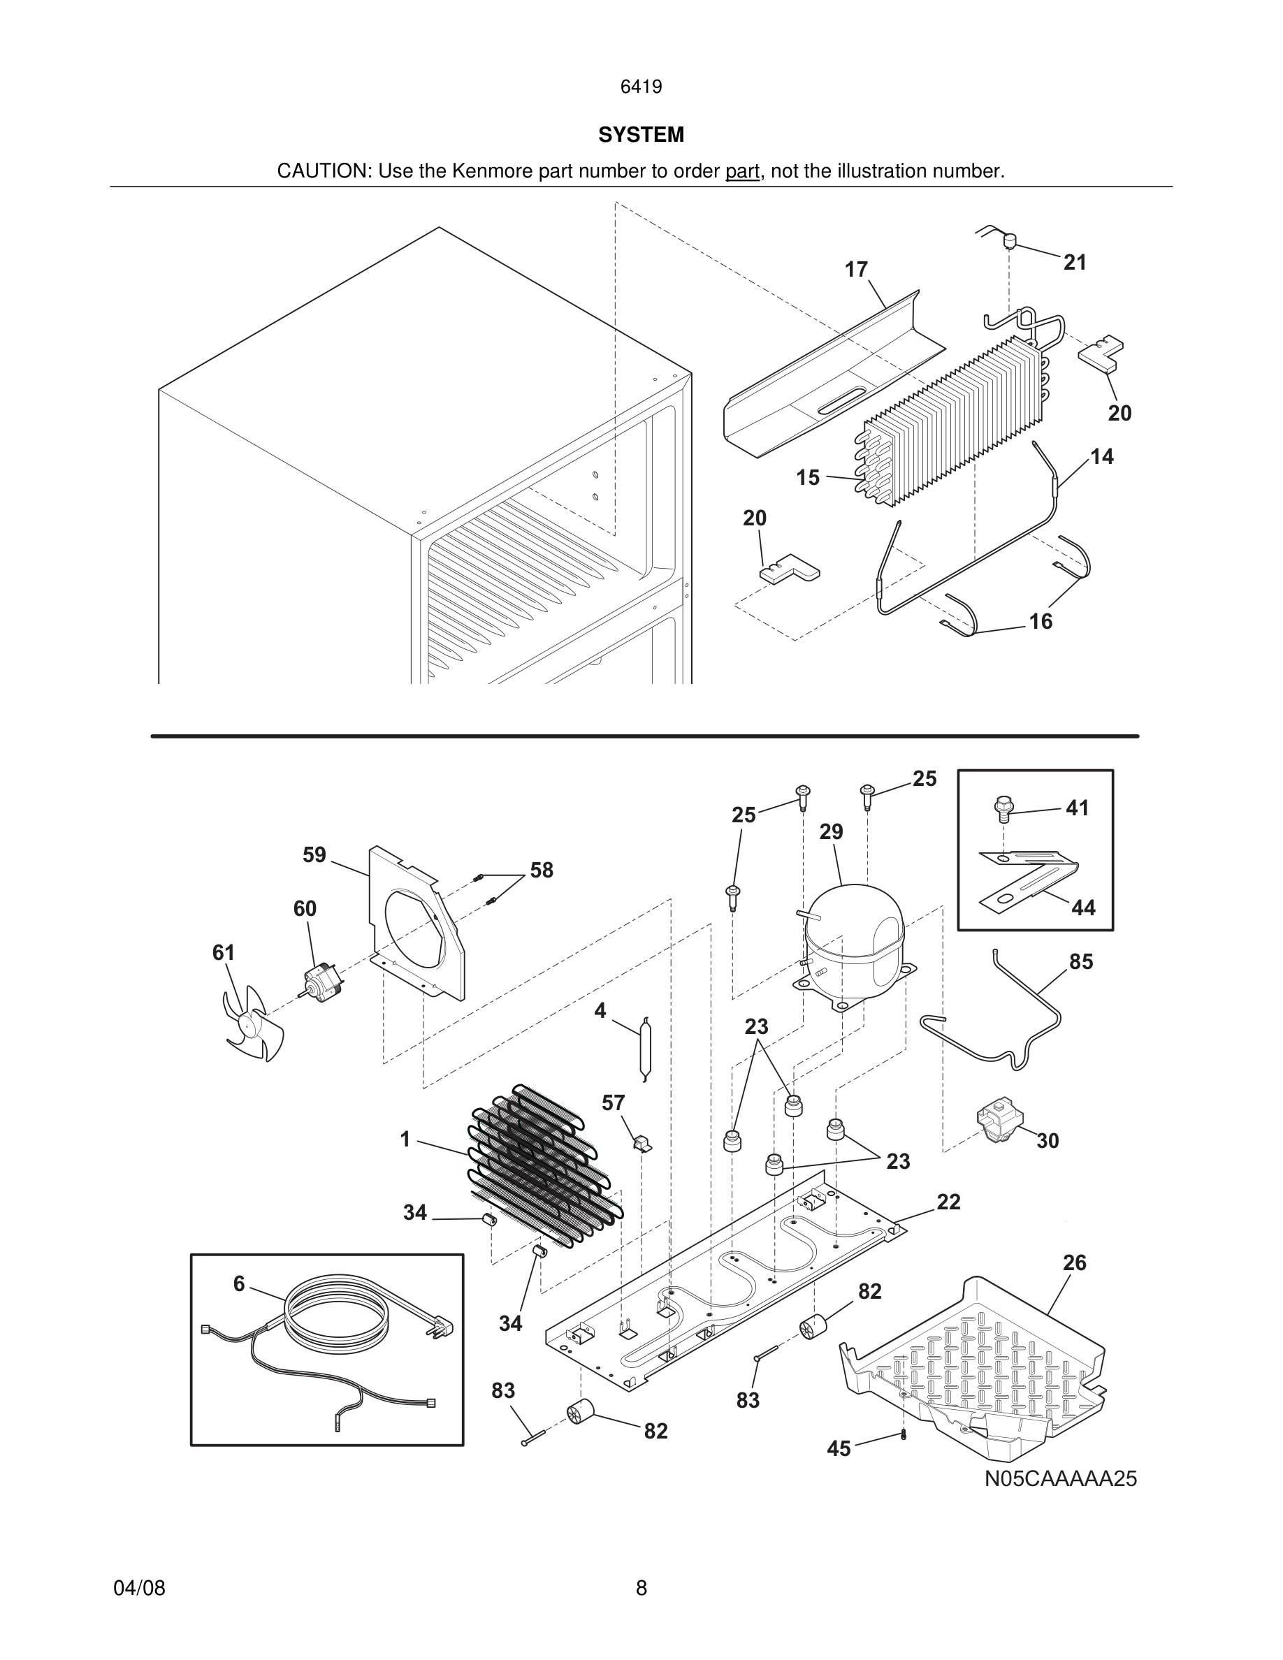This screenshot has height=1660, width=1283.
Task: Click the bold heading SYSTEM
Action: pyautogui.click(x=641, y=135)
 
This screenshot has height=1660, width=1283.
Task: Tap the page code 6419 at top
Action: pyautogui.click(x=641, y=87)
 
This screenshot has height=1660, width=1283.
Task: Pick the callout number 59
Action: pyautogui.click(x=314, y=855)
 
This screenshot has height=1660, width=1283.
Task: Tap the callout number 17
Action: pyautogui.click(x=856, y=270)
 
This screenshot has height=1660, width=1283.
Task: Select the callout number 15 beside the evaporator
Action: pyautogui.click(x=808, y=477)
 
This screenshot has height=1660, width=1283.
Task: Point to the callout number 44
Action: pyautogui.click(x=1083, y=908)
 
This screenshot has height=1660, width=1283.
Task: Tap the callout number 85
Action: pyautogui.click(x=1081, y=961)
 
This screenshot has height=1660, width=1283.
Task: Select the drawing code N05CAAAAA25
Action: pyautogui.click(x=1060, y=1478)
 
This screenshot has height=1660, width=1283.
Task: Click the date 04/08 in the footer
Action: pyautogui.click(x=139, y=1588)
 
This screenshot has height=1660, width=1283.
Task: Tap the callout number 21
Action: pyautogui.click(x=1075, y=262)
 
